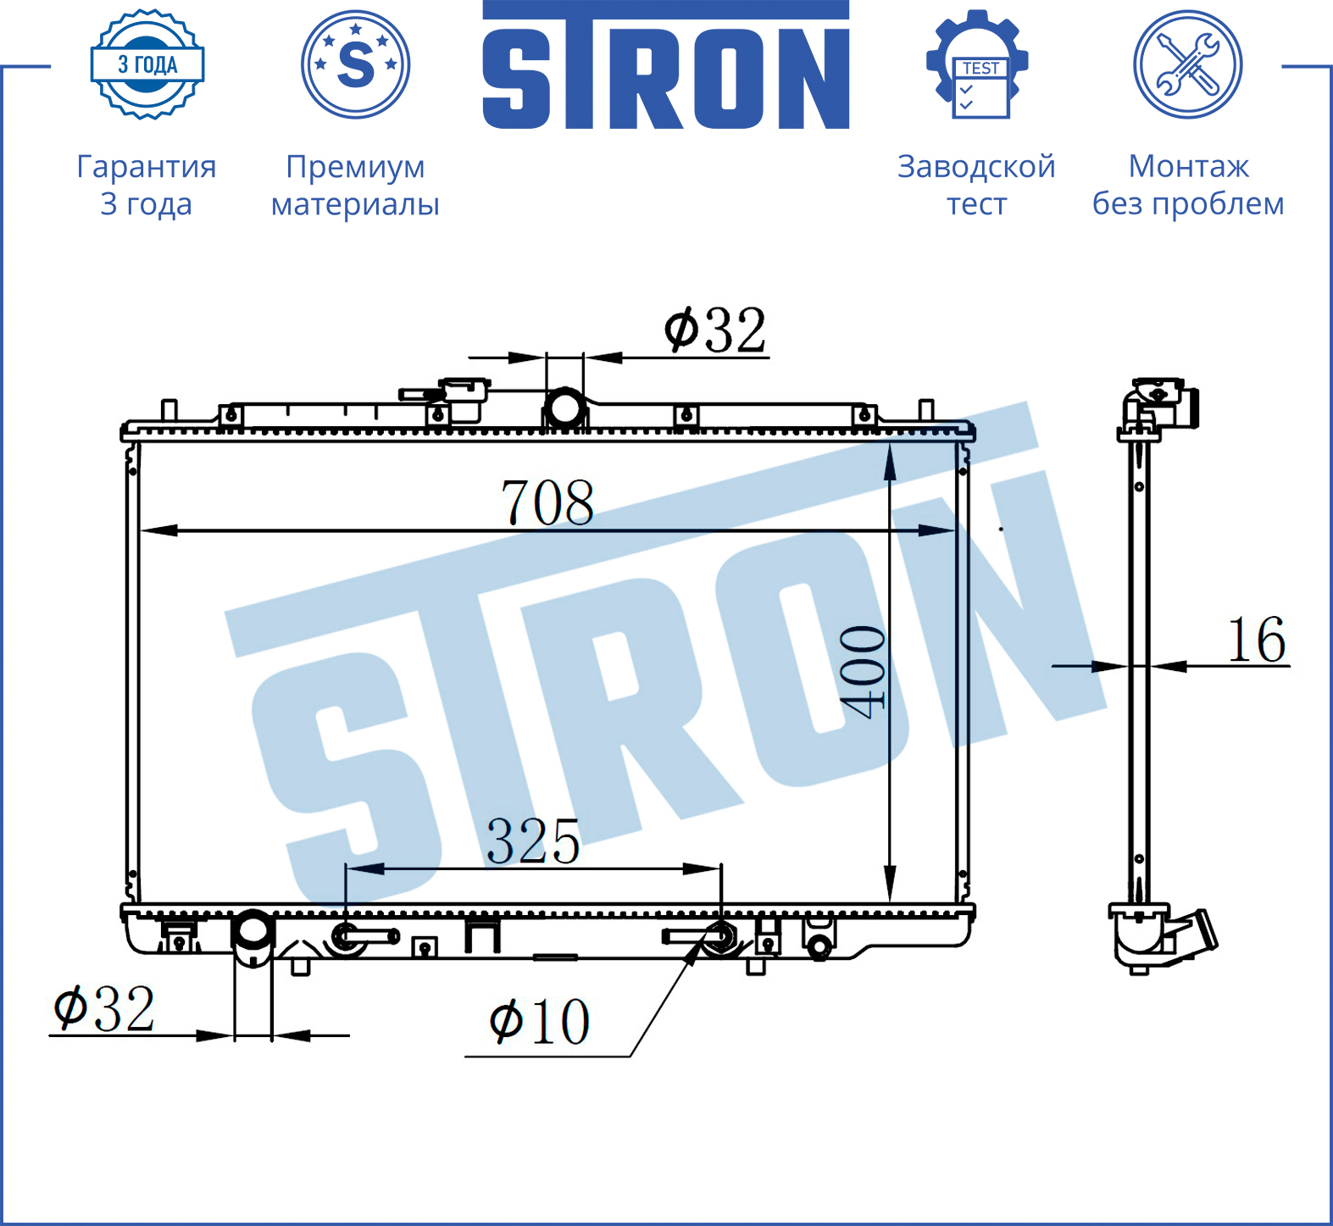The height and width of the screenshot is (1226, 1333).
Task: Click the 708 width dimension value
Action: point(547,502)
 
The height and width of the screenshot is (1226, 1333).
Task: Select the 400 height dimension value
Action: point(863,672)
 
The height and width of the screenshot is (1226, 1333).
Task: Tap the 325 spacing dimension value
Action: point(533,841)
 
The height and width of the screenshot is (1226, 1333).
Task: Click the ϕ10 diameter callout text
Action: point(540,1021)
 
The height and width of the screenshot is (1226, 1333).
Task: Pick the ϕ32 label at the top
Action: point(715,330)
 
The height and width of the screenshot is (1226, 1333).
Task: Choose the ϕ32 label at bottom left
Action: point(104,1008)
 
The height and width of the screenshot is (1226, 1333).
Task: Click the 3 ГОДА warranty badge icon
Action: point(147,64)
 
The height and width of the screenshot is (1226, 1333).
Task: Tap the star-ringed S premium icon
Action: point(356,64)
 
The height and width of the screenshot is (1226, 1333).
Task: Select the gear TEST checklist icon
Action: point(977,64)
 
